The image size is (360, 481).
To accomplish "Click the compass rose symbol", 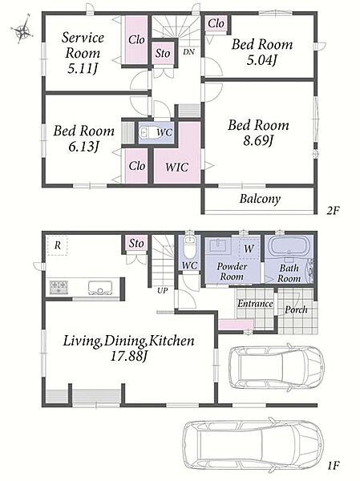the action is click(x=22, y=30).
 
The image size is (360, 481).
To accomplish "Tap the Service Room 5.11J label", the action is click(x=83, y=53).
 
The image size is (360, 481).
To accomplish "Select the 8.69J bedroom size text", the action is click(x=258, y=141).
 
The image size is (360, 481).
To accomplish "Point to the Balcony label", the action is click(x=260, y=199).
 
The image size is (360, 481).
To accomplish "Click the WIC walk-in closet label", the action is click(x=176, y=168).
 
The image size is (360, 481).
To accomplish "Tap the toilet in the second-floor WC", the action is click(x=148, y=133).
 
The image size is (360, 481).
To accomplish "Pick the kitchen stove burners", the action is click(x=59, y=286).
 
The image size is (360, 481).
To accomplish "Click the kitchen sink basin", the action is click(x=100, y=287).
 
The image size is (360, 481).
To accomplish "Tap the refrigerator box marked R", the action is click(x=58, y=245).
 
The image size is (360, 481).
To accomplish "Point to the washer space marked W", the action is click(x=249, y=248).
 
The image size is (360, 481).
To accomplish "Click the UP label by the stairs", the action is click(x=162, y=290).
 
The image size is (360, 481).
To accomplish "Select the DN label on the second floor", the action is click(x=189, y=52).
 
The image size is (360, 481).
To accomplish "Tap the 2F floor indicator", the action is click(x=333, y=210).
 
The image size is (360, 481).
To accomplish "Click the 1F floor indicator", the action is click(x=333, y=466).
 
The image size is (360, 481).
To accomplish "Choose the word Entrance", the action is click(x=255, y=304).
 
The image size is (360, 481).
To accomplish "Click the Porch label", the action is click(x=296, y=309).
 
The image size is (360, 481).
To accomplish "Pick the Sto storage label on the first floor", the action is click(x=136, y=243).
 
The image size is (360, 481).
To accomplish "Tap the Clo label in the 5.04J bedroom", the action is click(x=216, y=23).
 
